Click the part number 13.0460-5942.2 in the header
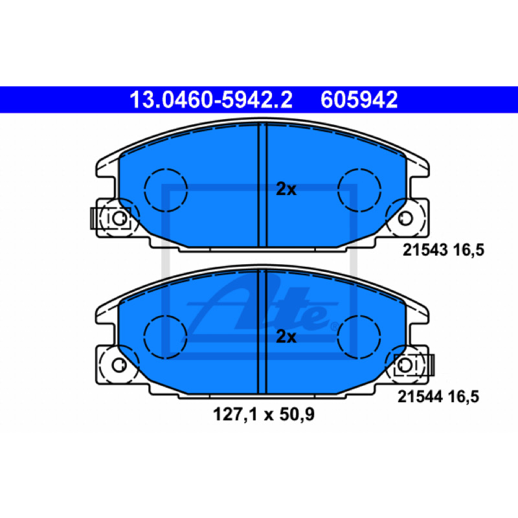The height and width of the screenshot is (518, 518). pos(211,100)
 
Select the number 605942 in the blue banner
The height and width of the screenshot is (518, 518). pos(359,100)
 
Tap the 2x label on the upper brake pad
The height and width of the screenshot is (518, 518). pos(286,189)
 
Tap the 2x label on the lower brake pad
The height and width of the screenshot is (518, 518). pos(286,337)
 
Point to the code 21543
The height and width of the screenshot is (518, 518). pos(425,250)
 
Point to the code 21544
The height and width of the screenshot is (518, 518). pos(420,396)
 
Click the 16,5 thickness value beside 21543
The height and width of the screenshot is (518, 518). pos(468,250)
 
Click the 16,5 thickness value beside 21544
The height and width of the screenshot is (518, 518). pos(463,397)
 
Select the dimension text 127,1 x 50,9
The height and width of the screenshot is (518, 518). pos(264,414)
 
